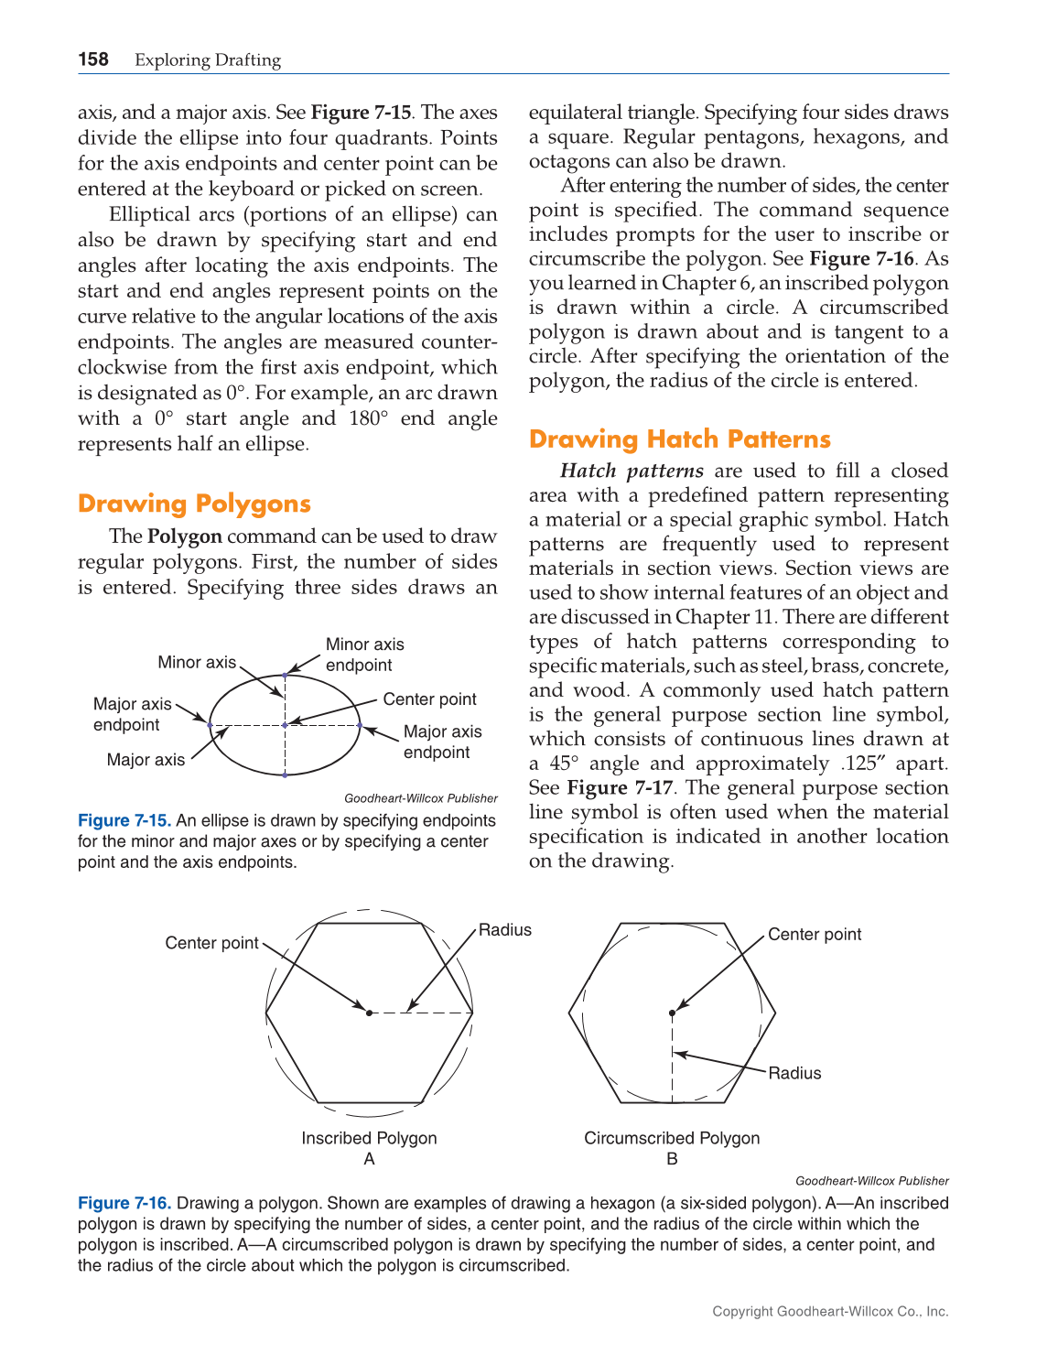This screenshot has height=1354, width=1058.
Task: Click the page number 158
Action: [93, 60]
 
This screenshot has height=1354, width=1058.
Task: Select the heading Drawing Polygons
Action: [194, 504]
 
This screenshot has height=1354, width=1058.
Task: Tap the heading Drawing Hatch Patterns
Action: [679, 439]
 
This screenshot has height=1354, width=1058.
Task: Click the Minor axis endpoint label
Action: [364, 655]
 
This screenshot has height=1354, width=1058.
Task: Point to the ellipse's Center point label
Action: [429, 699]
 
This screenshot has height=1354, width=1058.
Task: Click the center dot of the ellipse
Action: [285, 725]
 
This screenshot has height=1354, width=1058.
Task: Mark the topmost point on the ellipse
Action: [285, 675]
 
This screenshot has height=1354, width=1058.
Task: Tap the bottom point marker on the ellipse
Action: [285, 775]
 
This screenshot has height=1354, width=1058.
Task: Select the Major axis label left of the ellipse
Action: [146, 760]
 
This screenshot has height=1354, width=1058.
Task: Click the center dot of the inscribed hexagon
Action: [369, 1013]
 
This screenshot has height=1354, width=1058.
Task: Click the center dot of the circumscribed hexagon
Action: [672, 1013]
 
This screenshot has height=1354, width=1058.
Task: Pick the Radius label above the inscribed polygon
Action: [504, 930]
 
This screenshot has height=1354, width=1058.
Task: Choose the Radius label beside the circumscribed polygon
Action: [794, 1073]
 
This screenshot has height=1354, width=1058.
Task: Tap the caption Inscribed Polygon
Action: [369, 1138]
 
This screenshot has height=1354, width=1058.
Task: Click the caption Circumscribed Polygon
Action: [672, 1138]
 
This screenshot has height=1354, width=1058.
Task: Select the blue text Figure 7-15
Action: [124, 821]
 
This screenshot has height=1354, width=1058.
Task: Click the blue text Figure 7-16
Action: [124, 1203]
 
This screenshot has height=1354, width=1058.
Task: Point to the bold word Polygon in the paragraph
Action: [185, 536]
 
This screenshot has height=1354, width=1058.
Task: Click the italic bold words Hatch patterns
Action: [632, 471]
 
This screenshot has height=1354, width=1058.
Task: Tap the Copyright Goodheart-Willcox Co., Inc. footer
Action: [830, 1311]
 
